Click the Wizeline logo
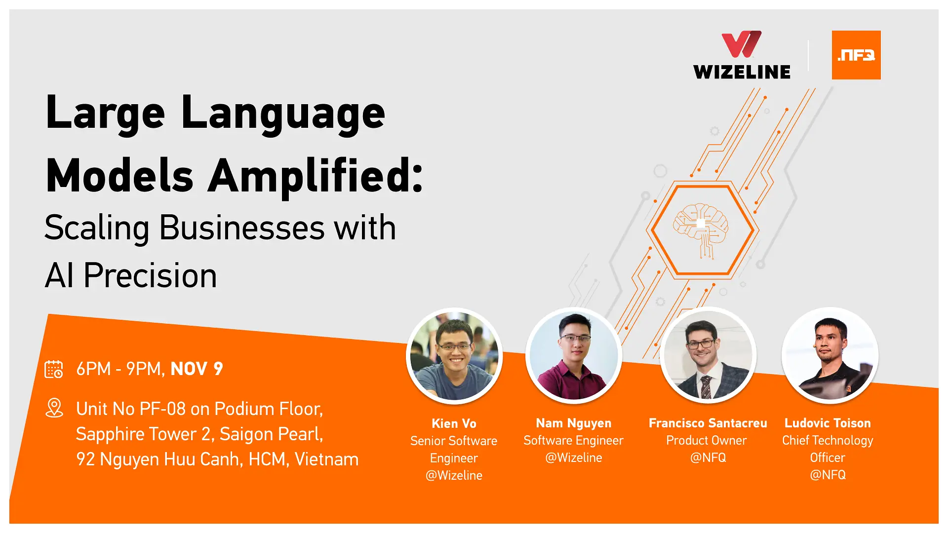742,55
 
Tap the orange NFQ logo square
856,55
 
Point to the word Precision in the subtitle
150,275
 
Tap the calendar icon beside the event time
54,369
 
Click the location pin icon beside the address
54,408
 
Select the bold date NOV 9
197,369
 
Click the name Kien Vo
454,423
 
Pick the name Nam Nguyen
573,423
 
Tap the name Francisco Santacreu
708,423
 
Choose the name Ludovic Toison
828,423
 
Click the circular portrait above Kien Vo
454,356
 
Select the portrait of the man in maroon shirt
574,355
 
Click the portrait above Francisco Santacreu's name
708,355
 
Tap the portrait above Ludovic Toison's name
829,355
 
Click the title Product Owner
706,440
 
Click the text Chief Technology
828,440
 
